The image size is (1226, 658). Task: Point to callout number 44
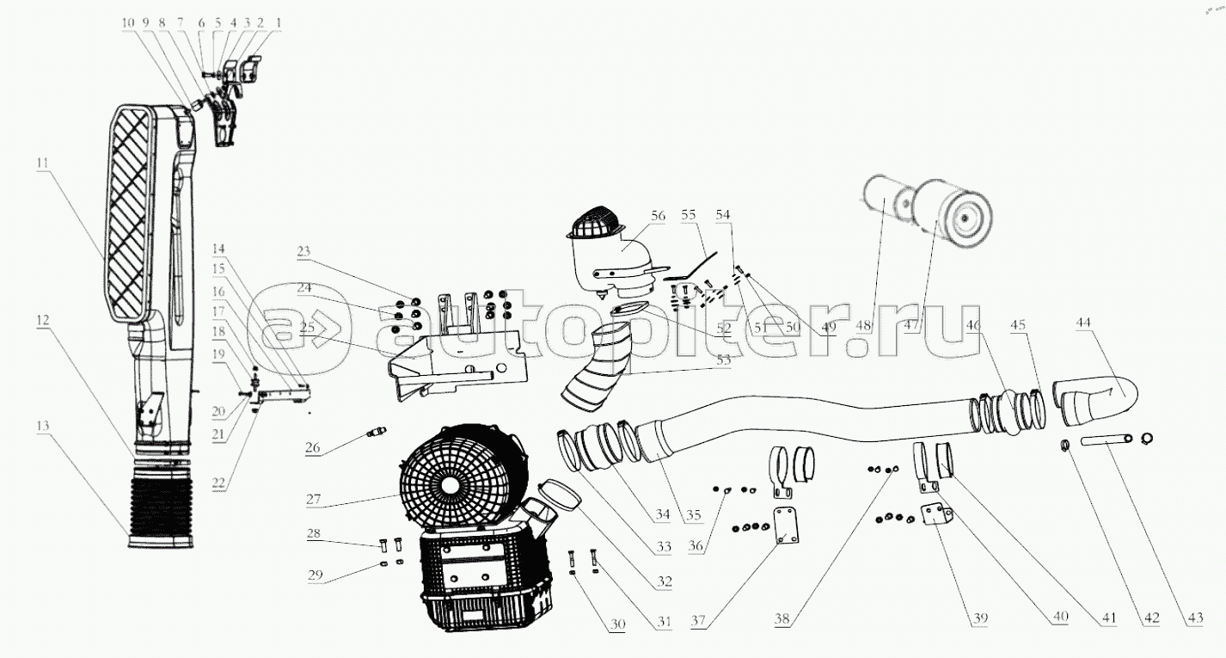1084,322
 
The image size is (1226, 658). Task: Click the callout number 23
303,251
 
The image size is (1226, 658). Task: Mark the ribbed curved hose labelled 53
598,370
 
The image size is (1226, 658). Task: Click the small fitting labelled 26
376,431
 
